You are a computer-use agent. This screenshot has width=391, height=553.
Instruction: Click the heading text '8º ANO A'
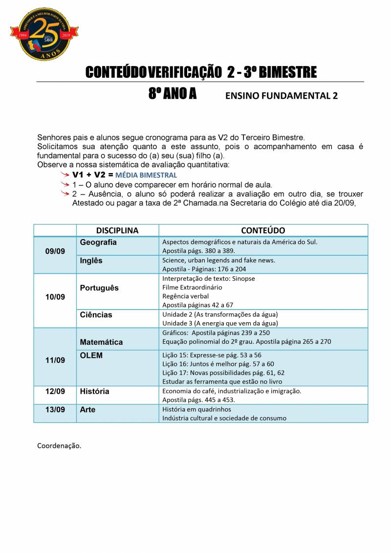pos(172,94)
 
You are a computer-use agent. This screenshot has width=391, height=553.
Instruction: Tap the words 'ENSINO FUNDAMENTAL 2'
pos(281,96)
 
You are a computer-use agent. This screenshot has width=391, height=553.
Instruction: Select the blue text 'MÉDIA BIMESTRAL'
pos(146,175)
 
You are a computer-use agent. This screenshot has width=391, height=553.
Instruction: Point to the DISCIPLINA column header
pos(117,230)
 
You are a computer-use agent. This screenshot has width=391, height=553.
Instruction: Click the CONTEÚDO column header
pos(263,230)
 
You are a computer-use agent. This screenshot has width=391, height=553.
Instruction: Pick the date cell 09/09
pos(55,251)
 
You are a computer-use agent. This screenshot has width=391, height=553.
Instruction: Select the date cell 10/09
pos(55,297)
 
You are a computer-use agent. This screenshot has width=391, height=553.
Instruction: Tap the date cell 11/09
pos(55,360)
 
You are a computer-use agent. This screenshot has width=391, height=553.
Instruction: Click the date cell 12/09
pos(55,392)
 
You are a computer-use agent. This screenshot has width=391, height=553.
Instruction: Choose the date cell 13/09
pos(55,410)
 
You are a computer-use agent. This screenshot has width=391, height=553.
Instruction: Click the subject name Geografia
pos(98,243)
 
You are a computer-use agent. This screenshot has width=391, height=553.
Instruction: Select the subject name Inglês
pos(91,261)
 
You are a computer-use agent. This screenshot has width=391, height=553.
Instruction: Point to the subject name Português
pos(99,288)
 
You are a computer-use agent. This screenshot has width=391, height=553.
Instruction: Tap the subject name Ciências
pos(96,315)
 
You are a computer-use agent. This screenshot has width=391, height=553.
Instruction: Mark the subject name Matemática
pos(101,342)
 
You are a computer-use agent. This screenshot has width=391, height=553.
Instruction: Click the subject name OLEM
pos(91,355)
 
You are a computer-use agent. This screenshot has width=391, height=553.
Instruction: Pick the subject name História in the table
pos(95,392)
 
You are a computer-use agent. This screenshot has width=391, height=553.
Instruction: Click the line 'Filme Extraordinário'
pos(192,287)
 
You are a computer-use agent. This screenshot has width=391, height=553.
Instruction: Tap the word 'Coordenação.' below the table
pos(59,446)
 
